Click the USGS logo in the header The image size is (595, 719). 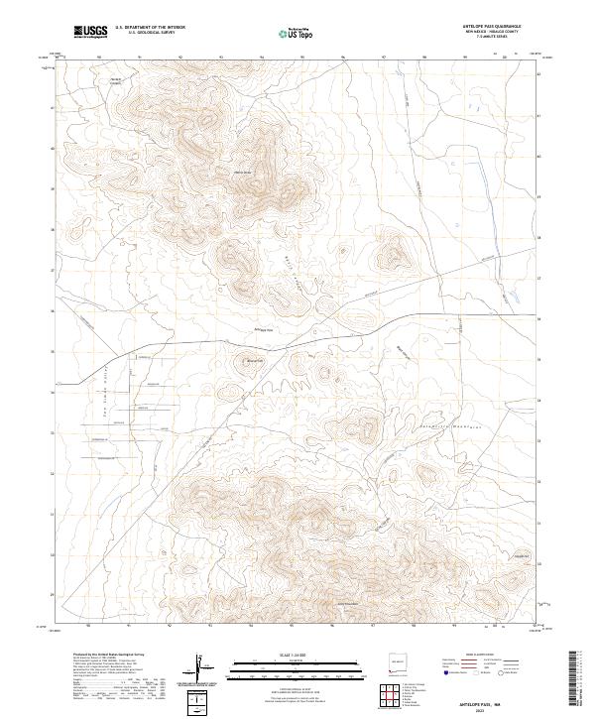pos(90,33)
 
